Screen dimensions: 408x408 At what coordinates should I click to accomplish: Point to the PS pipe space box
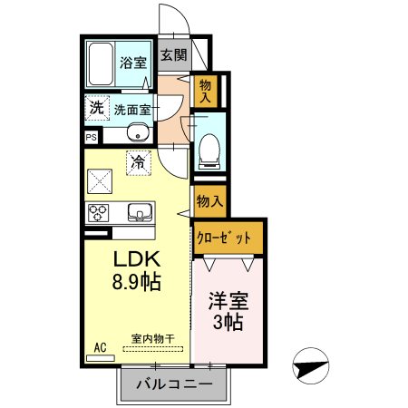pyautogui.click(x=91, y=137)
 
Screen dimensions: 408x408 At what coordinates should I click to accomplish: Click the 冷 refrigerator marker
pyautogui.click(x=138, y=163)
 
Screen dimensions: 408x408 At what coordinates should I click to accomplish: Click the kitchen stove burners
pyautogui.click(x=98, y=213)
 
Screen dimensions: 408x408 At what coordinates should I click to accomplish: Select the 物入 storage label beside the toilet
pyautogui.click(x=206, y=91)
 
